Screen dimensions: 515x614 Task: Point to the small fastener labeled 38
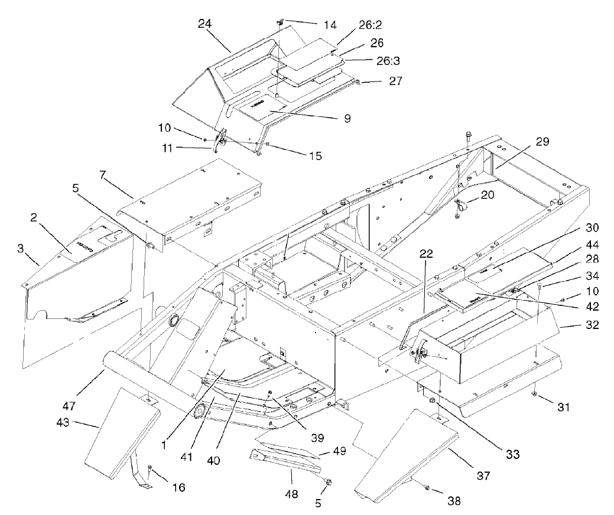(426, 485)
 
